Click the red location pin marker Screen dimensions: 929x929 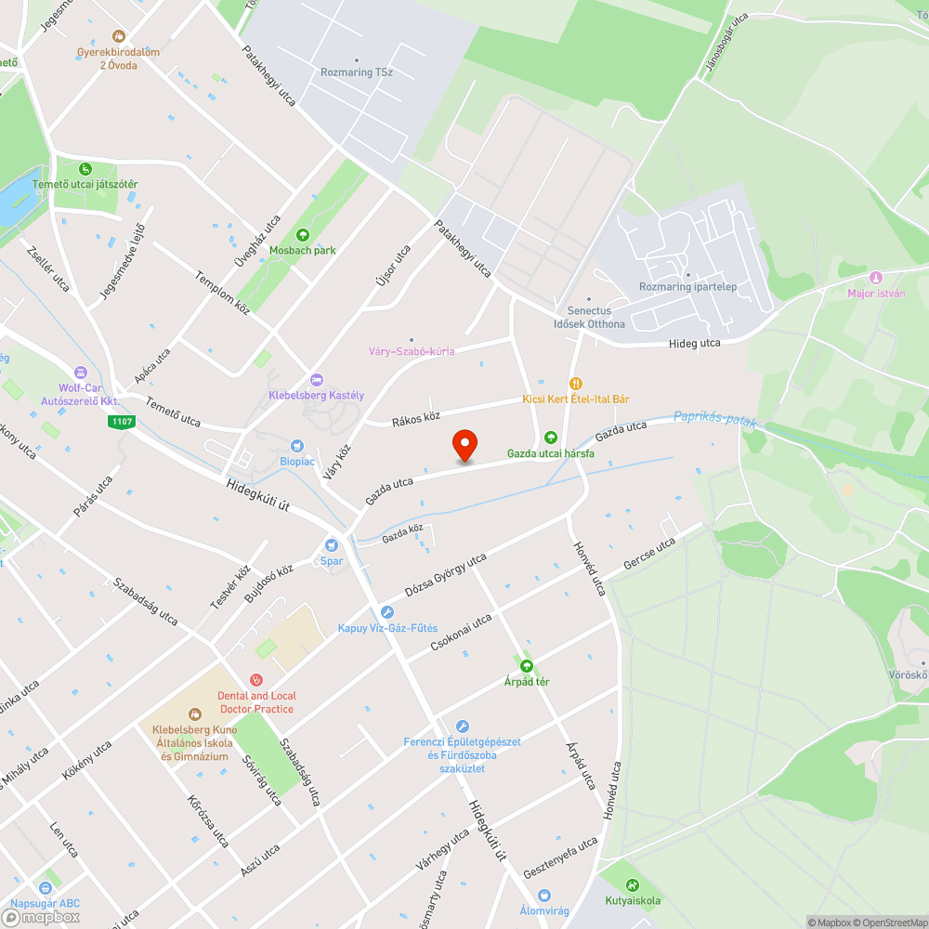(464, 446)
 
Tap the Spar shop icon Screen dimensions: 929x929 (332, 545)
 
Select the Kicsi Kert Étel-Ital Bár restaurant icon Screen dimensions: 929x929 (576, 383)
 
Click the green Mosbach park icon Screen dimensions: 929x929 (302, 235)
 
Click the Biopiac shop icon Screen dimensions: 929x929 (297, 446)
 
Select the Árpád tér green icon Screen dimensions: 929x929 (527, 666)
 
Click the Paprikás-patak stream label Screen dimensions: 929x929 (715, 419)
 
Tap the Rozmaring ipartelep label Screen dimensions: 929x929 (687, 286)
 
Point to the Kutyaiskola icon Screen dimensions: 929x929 (633, 885)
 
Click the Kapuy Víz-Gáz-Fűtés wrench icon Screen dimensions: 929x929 (387, 612)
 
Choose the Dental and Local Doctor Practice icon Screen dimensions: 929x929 (255, 681)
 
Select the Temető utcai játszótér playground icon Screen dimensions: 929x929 (85, 169)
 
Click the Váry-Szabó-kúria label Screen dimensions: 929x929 (412, 351)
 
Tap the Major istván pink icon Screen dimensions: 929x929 (874, 278)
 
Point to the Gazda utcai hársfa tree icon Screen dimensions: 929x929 (550, 438)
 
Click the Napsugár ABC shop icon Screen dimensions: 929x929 (45, 887)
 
